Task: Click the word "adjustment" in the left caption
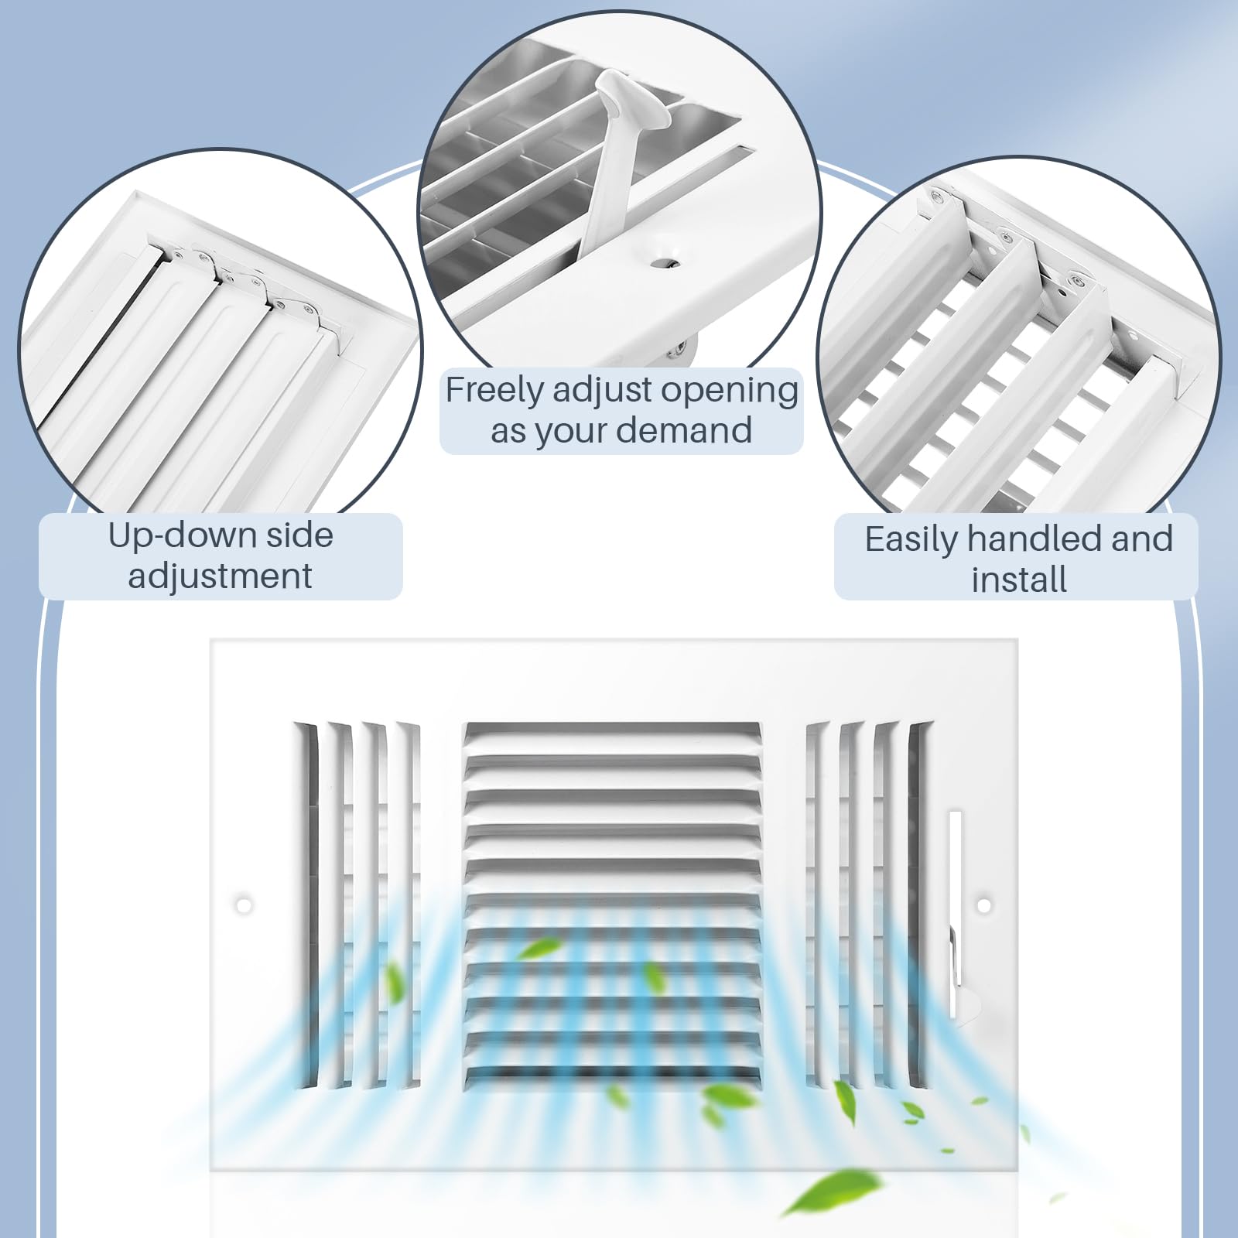click(221, 576)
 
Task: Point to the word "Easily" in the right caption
click(911, 540)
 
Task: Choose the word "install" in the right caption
click(1019, 580)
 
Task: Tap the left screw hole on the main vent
click(244, 905)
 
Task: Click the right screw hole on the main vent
click(984, 905)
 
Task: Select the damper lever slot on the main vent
click(956, 913)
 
